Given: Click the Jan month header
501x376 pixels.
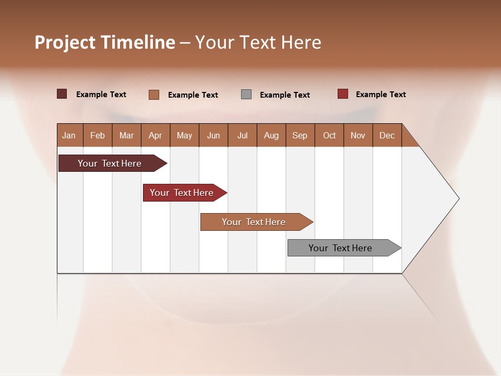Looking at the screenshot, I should click(69, 135).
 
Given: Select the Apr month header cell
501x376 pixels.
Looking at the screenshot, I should click(156, 135).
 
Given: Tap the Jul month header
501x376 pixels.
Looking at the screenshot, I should click(242, 135).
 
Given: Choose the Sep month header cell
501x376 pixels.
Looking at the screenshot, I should click(300, 135).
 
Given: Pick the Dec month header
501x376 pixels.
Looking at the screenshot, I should click(387, 135).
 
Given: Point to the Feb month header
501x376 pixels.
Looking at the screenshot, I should click(98, 135).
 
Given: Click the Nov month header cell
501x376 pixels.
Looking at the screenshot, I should click(357, 135).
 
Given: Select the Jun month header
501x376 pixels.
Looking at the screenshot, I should click(213, 135).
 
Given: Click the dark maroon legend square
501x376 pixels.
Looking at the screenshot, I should click(62, 94).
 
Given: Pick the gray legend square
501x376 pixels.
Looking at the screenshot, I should click(246, 95).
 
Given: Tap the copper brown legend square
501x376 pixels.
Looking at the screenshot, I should click(154, 95).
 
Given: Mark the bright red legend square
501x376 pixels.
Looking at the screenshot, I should click(343, 94).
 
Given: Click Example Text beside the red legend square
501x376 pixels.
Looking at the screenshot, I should click(380, 95).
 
